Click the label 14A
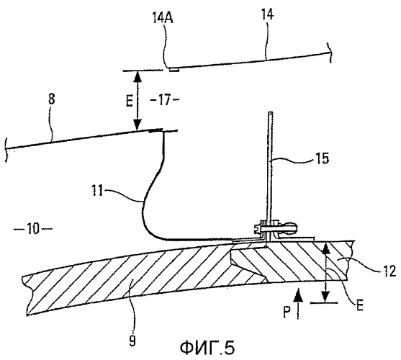(x=163, y=19)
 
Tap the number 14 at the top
(x=267, y=14)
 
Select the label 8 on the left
(x=52, y=99)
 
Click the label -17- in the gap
(x=163, y=99)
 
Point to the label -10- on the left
(x=32, y=228)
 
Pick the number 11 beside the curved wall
(x=97, y=191)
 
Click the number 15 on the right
(x=322, y=158)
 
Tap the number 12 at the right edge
(x=389, y=271)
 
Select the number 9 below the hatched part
(x=132, y=341)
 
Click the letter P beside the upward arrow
(x=287, y=312)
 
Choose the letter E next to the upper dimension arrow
(x=129, y=102)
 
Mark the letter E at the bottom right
(x=360, y=305)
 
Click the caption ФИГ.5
(x=207, y=348)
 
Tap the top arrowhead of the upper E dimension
(x=138, y=76)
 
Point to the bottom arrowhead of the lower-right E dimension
(x=325, y=297)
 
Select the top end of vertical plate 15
(x=270, y=112)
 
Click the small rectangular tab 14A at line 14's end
(x=174, y=70)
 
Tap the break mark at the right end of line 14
(x=330, y=53)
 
